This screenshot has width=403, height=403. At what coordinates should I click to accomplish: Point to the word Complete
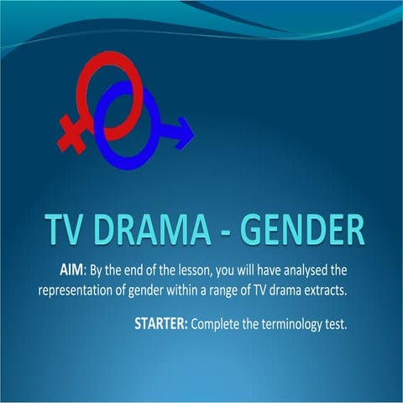pos(216,323)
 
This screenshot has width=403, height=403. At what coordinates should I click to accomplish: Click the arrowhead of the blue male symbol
pos(184,130)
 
